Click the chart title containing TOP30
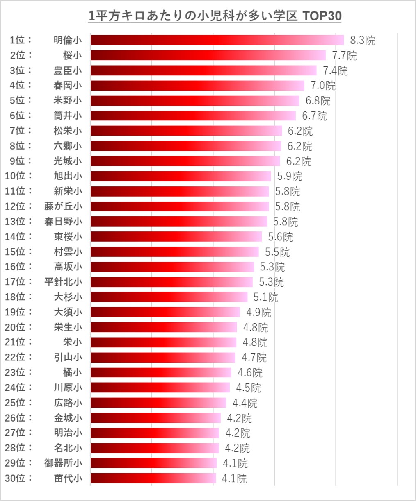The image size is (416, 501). coord(215,16)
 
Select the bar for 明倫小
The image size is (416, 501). coord(217,40)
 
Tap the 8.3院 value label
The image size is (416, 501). coord(362,40)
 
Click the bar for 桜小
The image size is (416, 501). coord(208,55)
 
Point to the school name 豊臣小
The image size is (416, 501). coord(68,70)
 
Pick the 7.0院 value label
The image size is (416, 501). coord(323,86)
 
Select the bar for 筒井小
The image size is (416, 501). coord(193,116)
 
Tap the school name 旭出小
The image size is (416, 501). coord(68,176)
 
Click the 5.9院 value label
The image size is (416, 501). coord(289,176)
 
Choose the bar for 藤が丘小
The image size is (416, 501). coord(179,206)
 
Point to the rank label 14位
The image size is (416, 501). coord(18,236)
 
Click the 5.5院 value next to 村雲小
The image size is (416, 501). coord(277,252)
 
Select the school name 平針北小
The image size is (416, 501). coord(63,282)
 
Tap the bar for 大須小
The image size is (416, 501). coord(165,312)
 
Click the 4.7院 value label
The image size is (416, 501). coord(254,358)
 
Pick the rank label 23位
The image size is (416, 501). coord(18,372)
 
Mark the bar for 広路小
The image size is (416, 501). coord(158,403)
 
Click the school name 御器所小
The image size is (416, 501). coord(63,463)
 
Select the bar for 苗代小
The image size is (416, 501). coord(153,478)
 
